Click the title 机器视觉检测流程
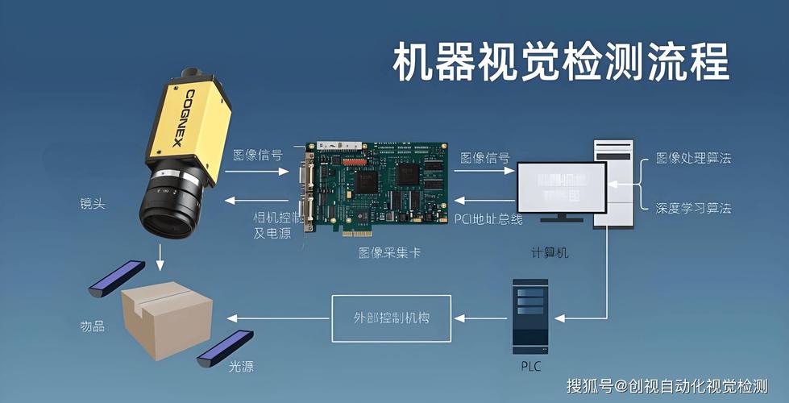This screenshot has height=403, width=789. coord(561,64)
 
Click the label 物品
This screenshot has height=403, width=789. coord(93,326)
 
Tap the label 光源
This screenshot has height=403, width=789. coord(241,367)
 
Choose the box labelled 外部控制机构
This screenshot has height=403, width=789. coord(392,318)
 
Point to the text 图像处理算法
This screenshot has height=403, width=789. coord(693,158)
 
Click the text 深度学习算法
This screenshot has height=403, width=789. coord(693,209)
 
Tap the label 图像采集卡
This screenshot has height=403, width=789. coord(389,252)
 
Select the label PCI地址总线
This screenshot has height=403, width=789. coord(488,218)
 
